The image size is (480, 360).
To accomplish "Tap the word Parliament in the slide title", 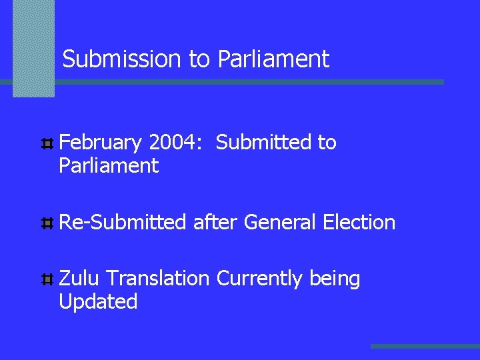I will pos(273,59).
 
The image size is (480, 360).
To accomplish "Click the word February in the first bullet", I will pos(101,143).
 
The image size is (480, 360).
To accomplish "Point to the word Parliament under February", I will pos(109,165).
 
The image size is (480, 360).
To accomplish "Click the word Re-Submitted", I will pos(123,222).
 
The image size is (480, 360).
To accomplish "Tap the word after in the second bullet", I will pos(215,222).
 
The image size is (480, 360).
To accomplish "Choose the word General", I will pos(280,222).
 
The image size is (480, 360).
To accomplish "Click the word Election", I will pos(359,222).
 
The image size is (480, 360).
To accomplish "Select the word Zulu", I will pos(79,279).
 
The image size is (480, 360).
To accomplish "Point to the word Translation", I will pos(157,279).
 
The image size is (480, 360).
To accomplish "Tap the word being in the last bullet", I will pos(335,279).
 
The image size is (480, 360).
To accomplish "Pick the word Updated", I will pos(98,301).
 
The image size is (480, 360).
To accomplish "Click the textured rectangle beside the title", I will pos(33,48).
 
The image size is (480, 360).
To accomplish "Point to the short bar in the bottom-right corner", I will pos(425,346).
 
